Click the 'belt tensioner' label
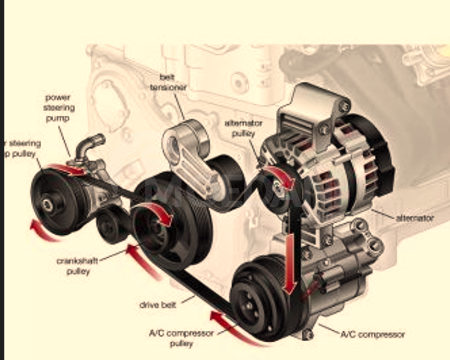[169, 83]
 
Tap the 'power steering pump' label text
[59, 107]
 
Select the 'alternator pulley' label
[243, 128]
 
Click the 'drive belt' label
[158, 304]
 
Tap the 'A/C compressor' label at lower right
[372, 334]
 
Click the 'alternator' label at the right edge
[415, 218]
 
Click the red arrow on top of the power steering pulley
[66, 169]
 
